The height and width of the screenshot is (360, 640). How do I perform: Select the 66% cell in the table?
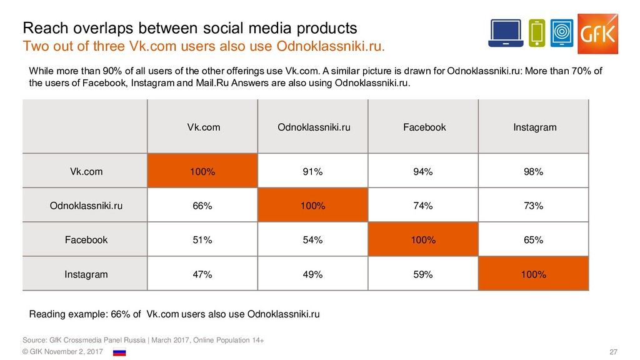point(202,206)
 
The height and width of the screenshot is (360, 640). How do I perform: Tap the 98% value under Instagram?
point(534,172)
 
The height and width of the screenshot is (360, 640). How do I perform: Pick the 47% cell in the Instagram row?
point(202,274)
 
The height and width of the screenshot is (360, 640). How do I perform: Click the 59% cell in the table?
point(424,274)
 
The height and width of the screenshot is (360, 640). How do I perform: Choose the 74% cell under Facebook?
point(424,206)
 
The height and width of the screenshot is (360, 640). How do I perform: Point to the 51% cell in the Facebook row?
point(202,240)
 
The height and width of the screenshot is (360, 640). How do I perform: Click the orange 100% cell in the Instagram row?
point(534,274)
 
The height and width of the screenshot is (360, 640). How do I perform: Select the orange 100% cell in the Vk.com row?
point(202,172)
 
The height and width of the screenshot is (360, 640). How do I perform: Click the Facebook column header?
point(424,127)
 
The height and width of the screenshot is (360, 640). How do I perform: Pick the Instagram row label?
point(86,274)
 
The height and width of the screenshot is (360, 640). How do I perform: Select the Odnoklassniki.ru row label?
point(86,206)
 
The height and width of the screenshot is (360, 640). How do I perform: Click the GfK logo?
point(597,33)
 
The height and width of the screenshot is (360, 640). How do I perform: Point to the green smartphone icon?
point(537,33)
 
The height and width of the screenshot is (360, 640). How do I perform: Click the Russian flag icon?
point(119,352)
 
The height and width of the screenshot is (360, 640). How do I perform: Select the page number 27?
point(613,353)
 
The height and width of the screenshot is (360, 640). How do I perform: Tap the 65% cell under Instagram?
point(534,240)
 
